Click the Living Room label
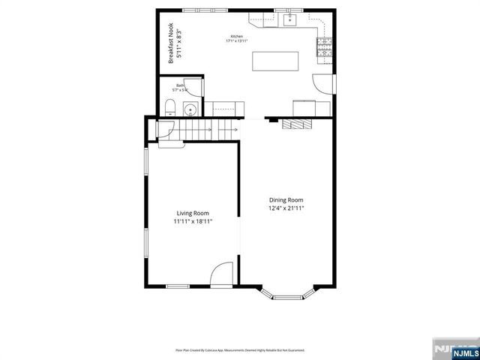(193, 214)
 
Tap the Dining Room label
(286, 199)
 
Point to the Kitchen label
(237, 36)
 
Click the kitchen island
(276, 61)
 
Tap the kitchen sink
(290, 20)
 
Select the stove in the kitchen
(324, 49)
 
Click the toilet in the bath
(169, 106)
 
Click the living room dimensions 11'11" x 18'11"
(193, 222)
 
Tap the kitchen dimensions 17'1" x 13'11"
(237, 41)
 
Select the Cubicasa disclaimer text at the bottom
(240, 349)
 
